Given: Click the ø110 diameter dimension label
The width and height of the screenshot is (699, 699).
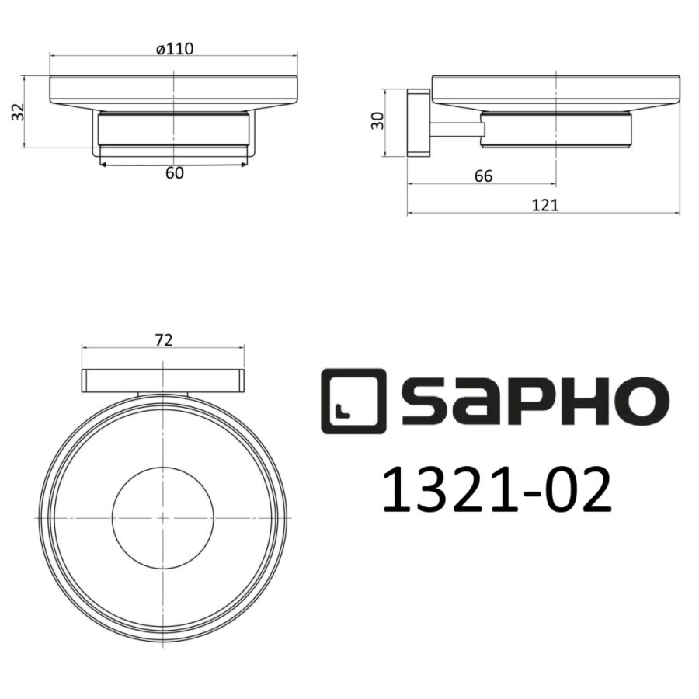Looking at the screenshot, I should click(174, 49).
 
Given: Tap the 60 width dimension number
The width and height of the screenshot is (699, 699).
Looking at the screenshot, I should click(174, 173).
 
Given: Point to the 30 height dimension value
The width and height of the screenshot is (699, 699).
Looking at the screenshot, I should click(378, 120).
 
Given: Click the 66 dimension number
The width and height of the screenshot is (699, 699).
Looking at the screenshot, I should click(482, 176).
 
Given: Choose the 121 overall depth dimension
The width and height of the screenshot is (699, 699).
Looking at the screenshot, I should click(545, 205).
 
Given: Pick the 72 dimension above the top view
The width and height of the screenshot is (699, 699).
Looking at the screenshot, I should click(163, 339).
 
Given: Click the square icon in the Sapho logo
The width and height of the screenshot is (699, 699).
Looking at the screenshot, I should click(353, 400).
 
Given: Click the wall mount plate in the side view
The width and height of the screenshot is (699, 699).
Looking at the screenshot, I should click(418, 122).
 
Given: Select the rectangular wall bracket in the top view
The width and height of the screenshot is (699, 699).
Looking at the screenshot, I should click(164, 381).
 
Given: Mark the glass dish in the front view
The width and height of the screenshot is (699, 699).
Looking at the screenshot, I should click(174, 89).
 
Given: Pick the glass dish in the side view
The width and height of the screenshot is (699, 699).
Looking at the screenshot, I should click(555, 89).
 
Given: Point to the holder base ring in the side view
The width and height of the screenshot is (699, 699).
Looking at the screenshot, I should click(555, 130).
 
